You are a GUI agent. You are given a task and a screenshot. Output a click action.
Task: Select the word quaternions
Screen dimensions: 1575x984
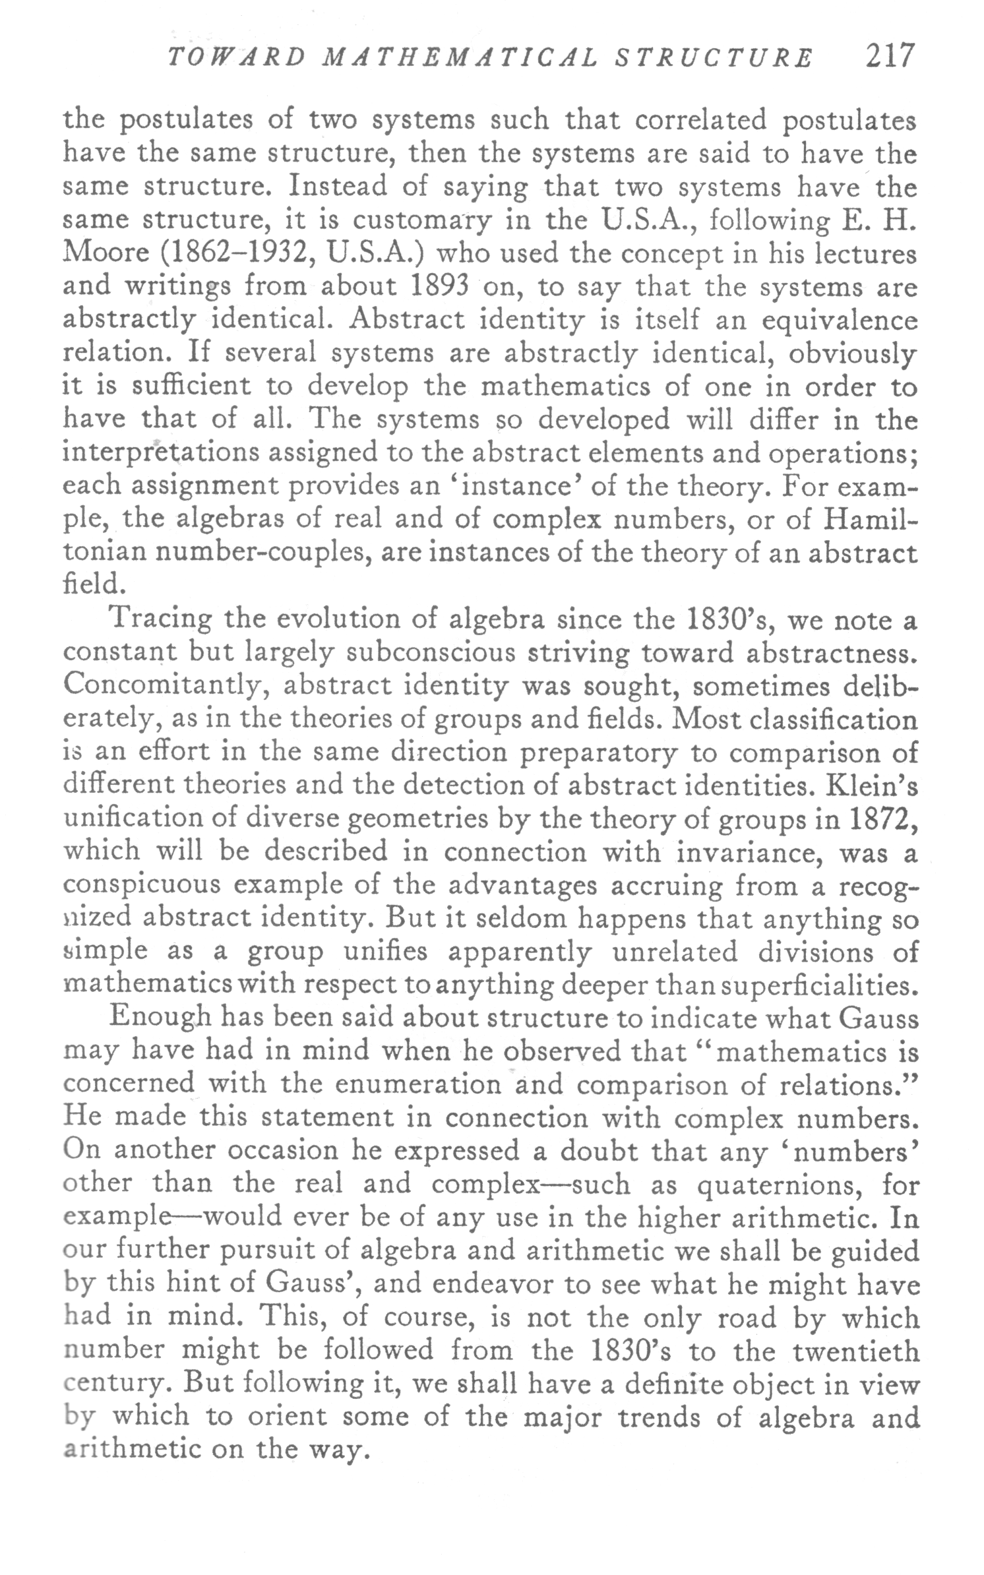(x=775, y=1185)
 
